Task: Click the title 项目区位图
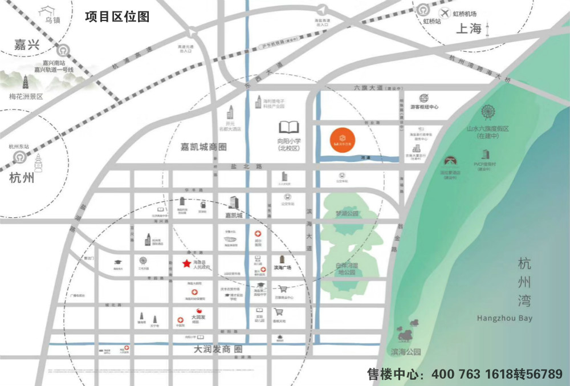pyautogui.click(x=117, y=17)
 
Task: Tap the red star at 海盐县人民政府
pyautogui.click(x=186, y=263)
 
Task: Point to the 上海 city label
pyautogui.click(x=469, y=29)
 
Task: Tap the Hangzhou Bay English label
pyautogui.click(x=504, y=318)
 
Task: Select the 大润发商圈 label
pyautogui.click(x=218, y=349)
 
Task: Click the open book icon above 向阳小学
pyautogui.click(x=288, y=127)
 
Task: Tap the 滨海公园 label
pyautogui.click(x=406, y=352)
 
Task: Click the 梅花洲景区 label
pyautogui.click(x=26, y=96)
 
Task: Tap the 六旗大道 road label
pyautogui.click(x=369, y=88)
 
